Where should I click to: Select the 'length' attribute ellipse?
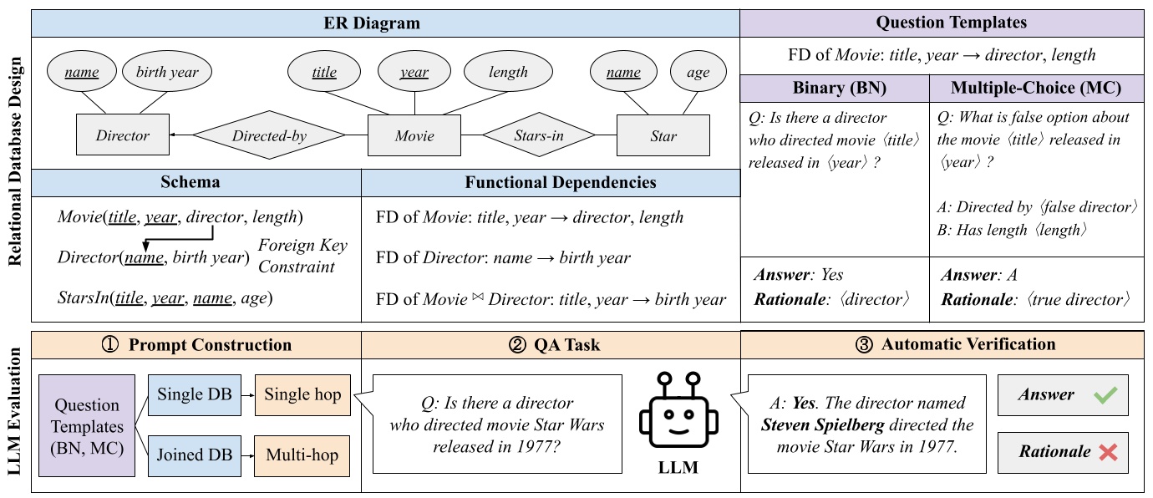pyautogui.click(x=509, y=73)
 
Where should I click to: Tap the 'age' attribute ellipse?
pyautogui.click(x=698, y=73)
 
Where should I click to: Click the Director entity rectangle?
pyautogui.click(x=122, y=135)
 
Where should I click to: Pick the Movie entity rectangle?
pyautogui.click(x=414, y=135)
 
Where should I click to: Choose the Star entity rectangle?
pyautogui.click(x=663, y=135)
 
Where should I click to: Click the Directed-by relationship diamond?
pyautogui.click(x=269, y=135)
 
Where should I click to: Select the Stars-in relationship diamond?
pyautogui.click(x=538, y=135)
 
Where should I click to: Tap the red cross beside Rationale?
pyautogui.click(x=1108, y=452)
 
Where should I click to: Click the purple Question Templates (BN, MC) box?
pyautogui.click(x=87, y=425)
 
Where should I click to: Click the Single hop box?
pyautogui.click(x=302, y=394)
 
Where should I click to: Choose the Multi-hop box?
pyautogui.click(x=302, y=455)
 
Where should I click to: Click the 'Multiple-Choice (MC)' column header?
pyautogui.click(x=1036, y=88)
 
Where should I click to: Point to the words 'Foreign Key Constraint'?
pyautogui.click(x=302, y=256)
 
